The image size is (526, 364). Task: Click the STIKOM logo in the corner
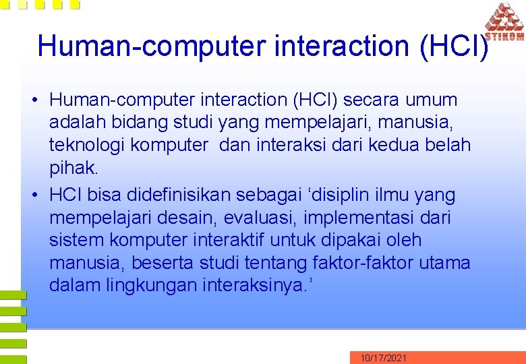coord(504,23)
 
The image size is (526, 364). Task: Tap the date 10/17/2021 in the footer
coord(383,358)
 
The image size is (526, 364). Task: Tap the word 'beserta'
coord(162,263)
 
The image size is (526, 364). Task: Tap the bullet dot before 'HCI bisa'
coord(34,195)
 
